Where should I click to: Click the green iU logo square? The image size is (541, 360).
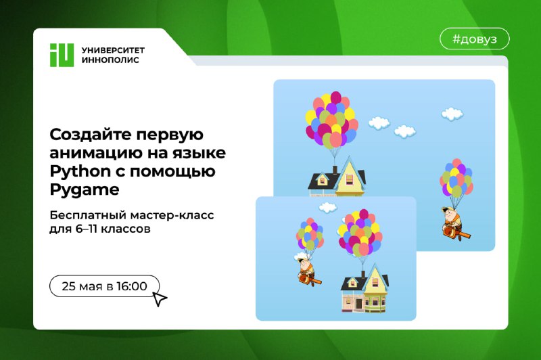[62, 55]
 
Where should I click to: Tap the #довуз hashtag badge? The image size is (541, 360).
[475, 39]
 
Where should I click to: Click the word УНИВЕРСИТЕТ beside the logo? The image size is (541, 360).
[113, 50]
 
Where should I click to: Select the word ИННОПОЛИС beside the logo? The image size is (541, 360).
[110, 60]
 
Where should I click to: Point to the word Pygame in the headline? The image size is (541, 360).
[84, 190]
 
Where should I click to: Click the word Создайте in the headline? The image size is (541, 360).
[90, 135]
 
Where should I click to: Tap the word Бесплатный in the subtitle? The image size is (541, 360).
[88, 215]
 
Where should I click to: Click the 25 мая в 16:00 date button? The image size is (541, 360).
[104, 286]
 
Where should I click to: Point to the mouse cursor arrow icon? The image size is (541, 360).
[159, 299]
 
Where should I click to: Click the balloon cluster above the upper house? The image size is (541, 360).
[331, 120]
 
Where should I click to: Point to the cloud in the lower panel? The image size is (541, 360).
[327, 208]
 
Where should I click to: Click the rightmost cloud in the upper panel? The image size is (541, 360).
[452, 114]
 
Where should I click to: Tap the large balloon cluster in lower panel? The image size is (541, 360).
[360, 232]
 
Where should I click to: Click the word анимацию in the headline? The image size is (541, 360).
[96, 153]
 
